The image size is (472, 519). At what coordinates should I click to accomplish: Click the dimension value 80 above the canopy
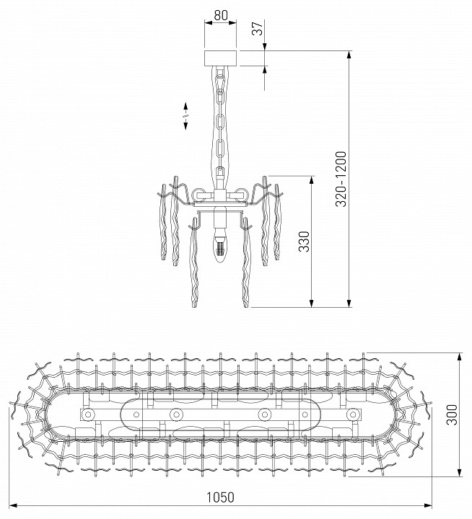(x=222, y=14)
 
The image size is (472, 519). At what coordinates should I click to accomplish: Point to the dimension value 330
(x=304, y=240)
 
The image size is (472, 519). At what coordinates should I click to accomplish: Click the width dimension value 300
(x=452, y=414)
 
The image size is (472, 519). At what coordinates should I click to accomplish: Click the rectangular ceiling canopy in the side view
(x=222, y=58)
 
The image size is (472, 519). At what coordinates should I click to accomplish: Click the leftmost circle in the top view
(x=88, y=414)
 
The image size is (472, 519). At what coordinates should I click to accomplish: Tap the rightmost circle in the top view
(x=352, y=414)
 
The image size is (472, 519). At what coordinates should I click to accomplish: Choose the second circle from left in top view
(x=175, y=414)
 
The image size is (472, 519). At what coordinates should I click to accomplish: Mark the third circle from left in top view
(x=265, y=414)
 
